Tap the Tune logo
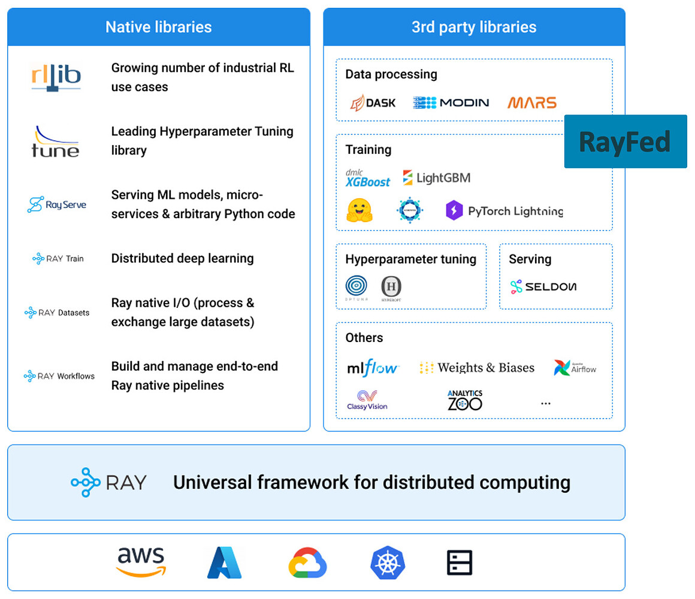pos(55,141)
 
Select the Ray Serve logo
pos(57,205)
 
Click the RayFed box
pos(625,141)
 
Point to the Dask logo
pos(373,102)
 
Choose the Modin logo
pos(451,102)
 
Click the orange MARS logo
pos(532,102)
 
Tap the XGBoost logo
pos(367,178)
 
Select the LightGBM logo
pos(437,178)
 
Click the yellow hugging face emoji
pos(359,211)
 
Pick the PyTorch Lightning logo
pos(504,211)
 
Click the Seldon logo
pos(543,287)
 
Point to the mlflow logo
pos(373,367)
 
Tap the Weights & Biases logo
pos(477,368)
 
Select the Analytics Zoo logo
pos(464,401)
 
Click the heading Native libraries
pos(159,27)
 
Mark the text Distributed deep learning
pos(183,258)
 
